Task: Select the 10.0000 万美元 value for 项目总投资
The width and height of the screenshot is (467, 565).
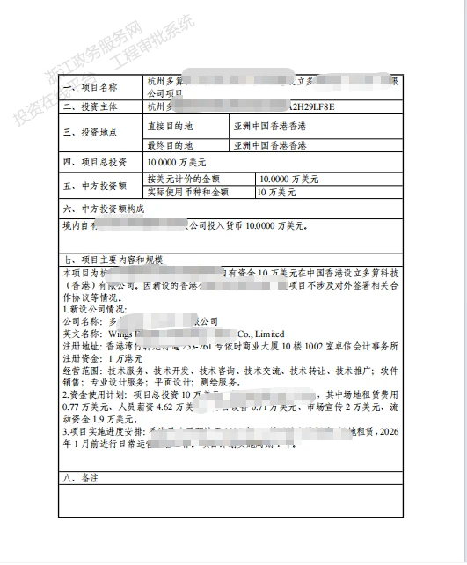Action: click(177, 163)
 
